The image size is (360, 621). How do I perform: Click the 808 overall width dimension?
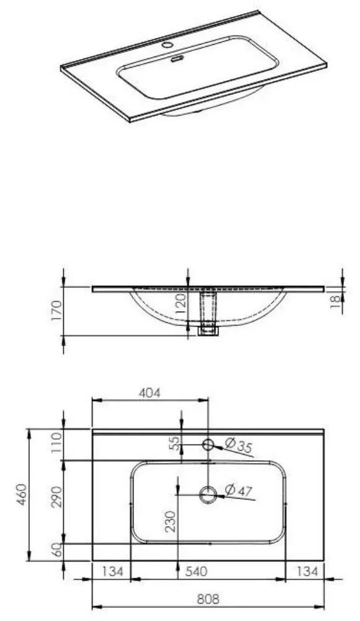pyautogui.click(x=208, y=599)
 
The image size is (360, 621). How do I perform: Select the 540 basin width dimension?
pyautogui.click(x=196, y=571)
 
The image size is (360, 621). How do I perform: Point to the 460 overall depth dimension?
pyautogui.click(x=22, y=494)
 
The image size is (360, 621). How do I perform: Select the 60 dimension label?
pyautogui.click(x=58, y=550)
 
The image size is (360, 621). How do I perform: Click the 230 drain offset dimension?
pyautogui.click(x=170, y=522)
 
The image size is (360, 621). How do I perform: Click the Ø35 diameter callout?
pyautogui.click(x=238, y=445)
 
